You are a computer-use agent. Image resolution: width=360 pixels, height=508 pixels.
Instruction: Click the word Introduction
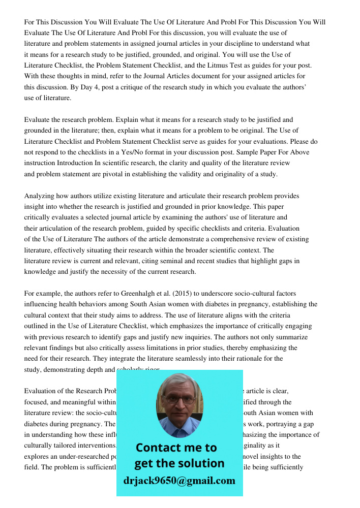click(x=74, y=163)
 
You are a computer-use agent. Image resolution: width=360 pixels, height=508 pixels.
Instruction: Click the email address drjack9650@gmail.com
click(x=179, y=481)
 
